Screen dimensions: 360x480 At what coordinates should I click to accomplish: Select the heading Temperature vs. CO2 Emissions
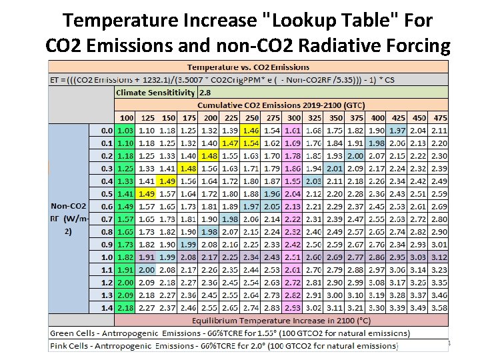coord(248,67)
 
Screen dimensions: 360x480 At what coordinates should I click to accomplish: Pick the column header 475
coord(439,117)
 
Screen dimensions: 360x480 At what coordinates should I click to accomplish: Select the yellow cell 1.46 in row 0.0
coord(251,130)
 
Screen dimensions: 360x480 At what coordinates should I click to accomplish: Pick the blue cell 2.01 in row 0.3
coord(335,168)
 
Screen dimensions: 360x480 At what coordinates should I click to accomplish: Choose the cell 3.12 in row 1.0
coord(439,256)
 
